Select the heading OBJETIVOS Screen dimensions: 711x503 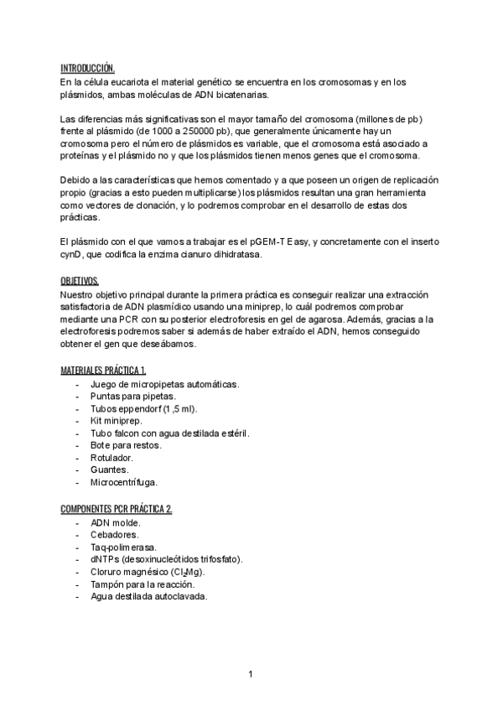click(x=80, y=280)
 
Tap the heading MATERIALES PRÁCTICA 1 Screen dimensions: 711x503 click(x=104, y=371)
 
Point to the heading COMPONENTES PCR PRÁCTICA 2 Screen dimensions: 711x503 click(x=117, y=509)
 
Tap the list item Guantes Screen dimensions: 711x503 click(x=109, y=470)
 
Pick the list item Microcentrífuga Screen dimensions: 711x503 click(x=123, y=482)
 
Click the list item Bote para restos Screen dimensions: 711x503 click(x=126, y=445)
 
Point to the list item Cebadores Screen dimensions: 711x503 click(x=115, y=534)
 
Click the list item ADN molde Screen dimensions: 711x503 click(x=116, y=522)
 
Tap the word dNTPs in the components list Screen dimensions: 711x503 click(x=104, y=559)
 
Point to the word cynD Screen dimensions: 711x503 click(x=73, y=255)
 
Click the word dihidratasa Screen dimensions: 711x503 click(x=236, y=255)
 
